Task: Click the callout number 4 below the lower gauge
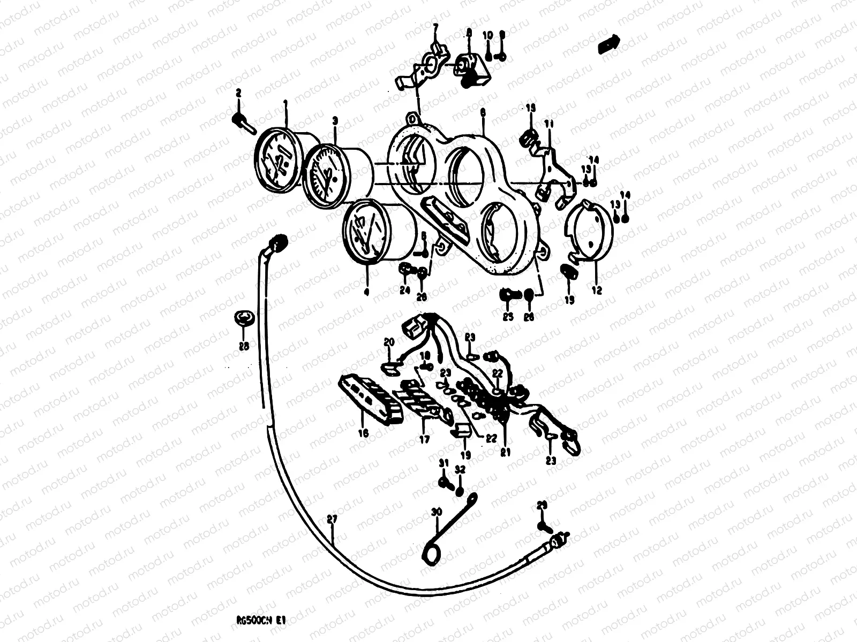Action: (367, 292)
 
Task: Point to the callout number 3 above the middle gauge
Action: (335, 122)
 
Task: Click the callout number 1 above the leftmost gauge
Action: (285, 103)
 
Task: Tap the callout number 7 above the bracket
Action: (435, 26)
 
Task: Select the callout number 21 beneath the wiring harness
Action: (503, 452)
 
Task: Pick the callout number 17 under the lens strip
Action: (424, 440)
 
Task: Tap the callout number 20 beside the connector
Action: (389, 342)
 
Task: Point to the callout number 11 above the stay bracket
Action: (548, 124)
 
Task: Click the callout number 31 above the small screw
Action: (443, 463)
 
